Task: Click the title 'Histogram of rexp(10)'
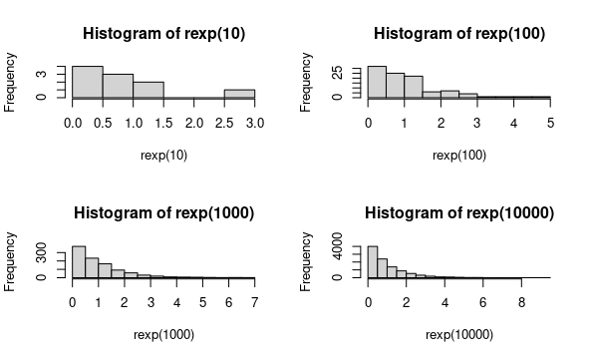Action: (162, 34)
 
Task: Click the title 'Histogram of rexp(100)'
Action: (458, 34)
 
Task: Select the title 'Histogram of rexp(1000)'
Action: (162, 213)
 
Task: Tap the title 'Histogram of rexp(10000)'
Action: (458, 213)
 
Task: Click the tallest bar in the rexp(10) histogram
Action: (88, 82)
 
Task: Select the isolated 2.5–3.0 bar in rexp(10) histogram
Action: (239, 94)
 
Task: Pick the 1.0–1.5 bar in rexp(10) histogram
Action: (148, 90)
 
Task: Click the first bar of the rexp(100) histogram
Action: (377, 82)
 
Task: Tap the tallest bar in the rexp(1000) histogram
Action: (79, 261)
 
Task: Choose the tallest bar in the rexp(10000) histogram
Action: (373, 261)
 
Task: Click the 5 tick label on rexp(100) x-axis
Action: (549, 123)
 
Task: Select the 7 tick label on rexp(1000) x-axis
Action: (255, 302)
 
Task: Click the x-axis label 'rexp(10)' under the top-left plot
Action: (162, 155)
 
